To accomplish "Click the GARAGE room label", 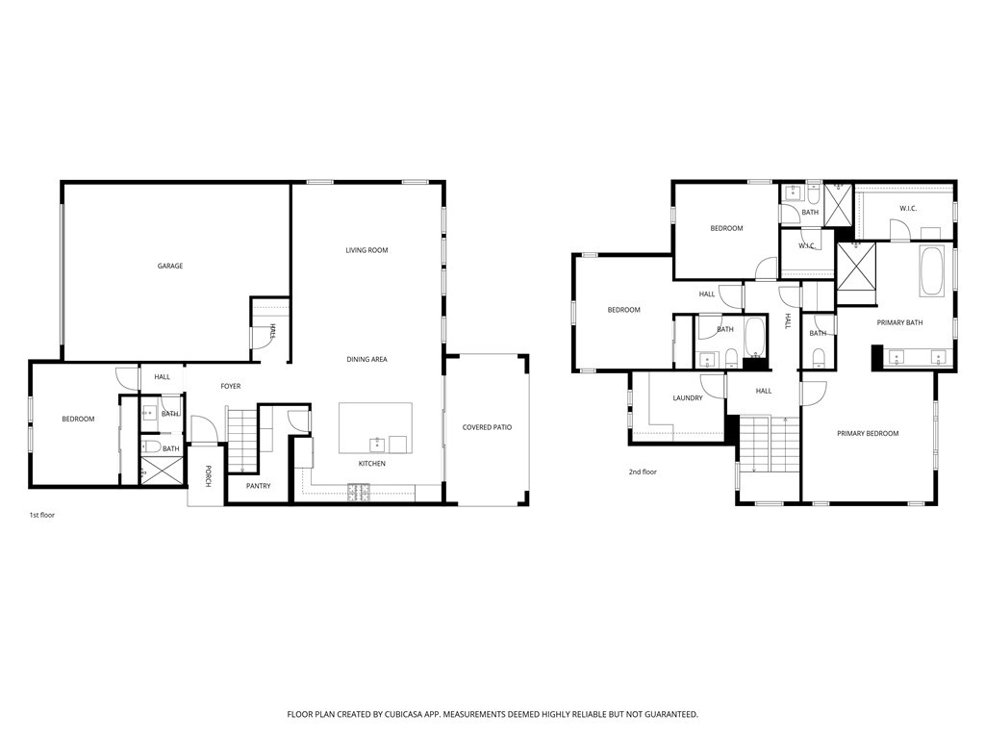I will point(170,267).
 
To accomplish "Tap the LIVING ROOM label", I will point(366,250).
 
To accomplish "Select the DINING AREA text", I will point(366,360).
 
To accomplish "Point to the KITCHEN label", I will point(372,464).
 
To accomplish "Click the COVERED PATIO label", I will point(487,427).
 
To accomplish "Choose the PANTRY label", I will point(258,486).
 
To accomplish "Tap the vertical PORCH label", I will point(207,476).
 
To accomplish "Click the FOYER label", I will point(231,387).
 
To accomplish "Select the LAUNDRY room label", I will point(687,398).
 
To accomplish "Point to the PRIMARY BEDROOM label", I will point(867,434).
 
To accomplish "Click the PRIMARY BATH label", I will point(899,323).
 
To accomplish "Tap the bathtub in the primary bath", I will point(932,273).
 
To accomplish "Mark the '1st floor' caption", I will point(42,516).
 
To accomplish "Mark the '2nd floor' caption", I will point(643,472).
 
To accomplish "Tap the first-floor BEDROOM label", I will point(78,419).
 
